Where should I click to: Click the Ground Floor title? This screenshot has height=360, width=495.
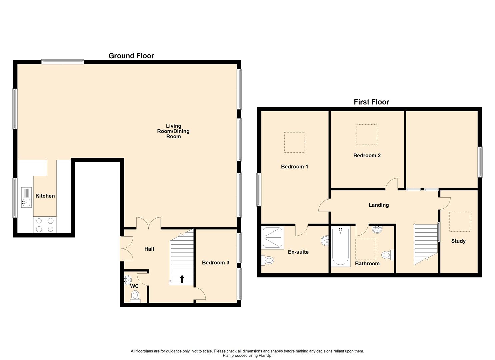point(131,56)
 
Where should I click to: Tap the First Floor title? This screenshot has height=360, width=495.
point(371,102)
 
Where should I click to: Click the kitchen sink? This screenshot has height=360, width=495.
point(26,197)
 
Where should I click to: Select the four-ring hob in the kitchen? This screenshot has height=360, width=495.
point(45,225)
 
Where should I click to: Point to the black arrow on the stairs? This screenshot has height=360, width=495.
point(182,279)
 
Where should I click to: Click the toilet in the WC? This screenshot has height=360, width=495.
point(135,296)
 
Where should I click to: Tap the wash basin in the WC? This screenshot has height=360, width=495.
point(127,280)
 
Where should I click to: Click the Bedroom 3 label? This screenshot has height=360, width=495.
point(215,263)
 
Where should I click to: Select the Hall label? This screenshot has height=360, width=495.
point(149,249)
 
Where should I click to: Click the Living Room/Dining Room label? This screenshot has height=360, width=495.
point(173,131)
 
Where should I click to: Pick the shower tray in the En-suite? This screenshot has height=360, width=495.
point(273,238)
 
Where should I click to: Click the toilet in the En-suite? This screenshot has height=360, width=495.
point(268,260)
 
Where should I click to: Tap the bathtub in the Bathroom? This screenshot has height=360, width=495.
point(340,247)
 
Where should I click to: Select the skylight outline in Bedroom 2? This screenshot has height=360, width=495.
point(367,135)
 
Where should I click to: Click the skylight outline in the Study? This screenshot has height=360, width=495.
point(460,221)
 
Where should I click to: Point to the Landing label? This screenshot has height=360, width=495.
point(378,205)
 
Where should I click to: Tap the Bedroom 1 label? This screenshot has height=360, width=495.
point(294,167)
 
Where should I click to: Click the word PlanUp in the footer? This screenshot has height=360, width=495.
point(265,356)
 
